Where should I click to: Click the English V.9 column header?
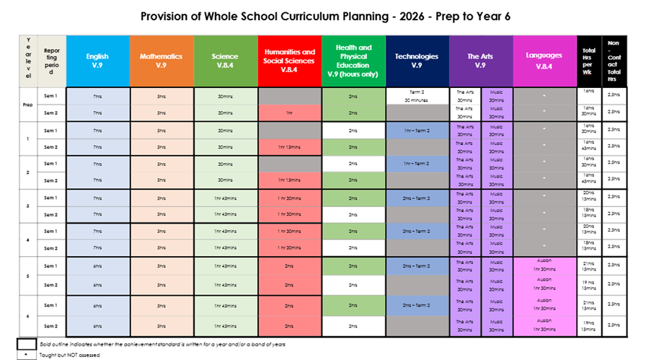pos(97,61)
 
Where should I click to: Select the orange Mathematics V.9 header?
pos(161,61)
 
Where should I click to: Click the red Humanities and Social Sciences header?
pos(288,61)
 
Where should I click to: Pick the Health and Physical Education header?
pos(353,61)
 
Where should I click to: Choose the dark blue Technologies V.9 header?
pos(417,61)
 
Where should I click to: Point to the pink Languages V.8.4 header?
pos(544,61)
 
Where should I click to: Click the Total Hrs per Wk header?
pos(588,61)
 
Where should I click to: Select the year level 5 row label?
pos(27,275)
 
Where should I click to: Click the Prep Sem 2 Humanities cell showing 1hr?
pos(288,113)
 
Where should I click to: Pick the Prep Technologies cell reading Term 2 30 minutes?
pos(417,96)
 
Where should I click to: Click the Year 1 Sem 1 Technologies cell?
pos(417,130)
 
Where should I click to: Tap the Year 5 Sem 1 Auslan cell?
pos(544,265)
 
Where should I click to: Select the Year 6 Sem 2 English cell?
pos(97,325)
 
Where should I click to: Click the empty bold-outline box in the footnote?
pos(27,344)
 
